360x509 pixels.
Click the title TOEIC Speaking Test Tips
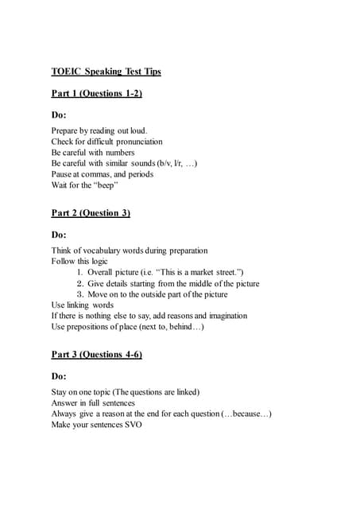[106, 72]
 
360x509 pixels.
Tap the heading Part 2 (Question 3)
[91, 213]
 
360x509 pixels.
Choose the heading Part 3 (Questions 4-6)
[96, 354]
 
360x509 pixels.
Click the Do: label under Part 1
[60, 115]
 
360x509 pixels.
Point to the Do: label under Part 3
[60, 375]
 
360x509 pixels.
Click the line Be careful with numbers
[93, 153]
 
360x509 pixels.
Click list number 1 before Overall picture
[80, 272]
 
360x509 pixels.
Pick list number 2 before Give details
[80, 283]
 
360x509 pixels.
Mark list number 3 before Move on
[80, 294]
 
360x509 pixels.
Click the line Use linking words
[83, 305]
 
